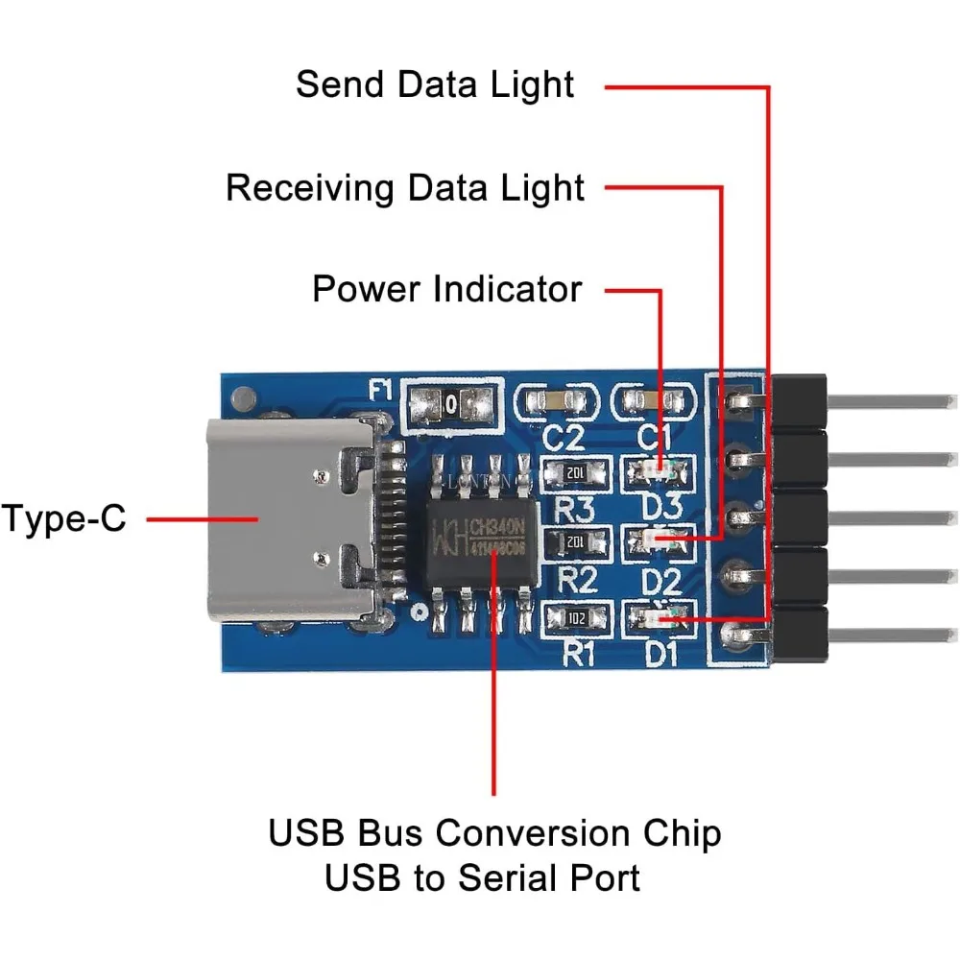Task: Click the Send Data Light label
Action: [x=435, y=84]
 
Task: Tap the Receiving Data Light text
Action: [x=405, y=187]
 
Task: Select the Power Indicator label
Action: [x=447, y=288]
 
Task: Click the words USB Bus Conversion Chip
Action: [x=494, y=832]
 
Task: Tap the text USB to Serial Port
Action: [x=482, y=877]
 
